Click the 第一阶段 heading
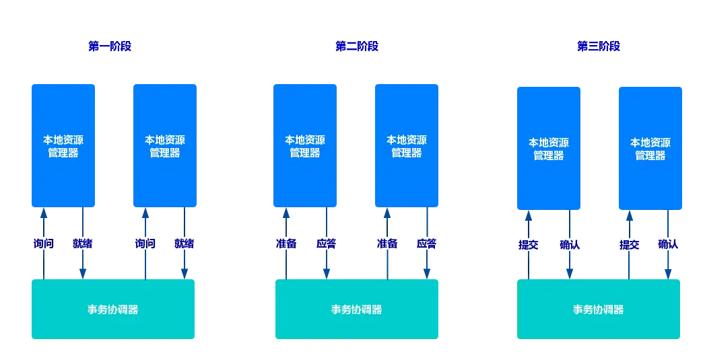click(110, 46)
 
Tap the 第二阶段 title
click(357, 46)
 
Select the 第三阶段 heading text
click(599, 46)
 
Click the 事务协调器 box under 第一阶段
click(113, 309)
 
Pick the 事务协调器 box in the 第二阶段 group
click(357, 309)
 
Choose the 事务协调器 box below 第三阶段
click(599, 309)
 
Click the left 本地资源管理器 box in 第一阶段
click(63, 145)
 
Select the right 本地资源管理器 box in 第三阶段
click(650, 148)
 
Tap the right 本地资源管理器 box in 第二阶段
click(407, 145)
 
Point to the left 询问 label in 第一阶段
click(44, 244)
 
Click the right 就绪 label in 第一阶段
click(185, 244)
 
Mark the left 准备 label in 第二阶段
click(286, 244)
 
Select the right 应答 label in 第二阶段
click(426, 244)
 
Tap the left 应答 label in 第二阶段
click(327, 244)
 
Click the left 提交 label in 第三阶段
click(528, 244)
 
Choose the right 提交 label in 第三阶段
click(630, 244)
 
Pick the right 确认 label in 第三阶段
click(668, 244)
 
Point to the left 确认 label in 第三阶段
click(570, 244)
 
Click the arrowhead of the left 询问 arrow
click(44, 212)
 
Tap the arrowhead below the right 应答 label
click(427, 274)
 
